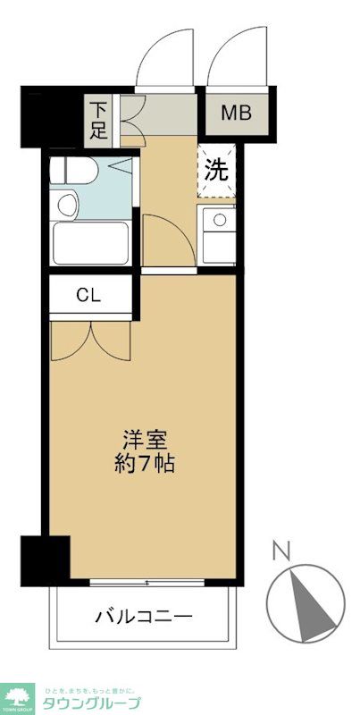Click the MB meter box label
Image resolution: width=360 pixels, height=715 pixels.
(x=236, y=114)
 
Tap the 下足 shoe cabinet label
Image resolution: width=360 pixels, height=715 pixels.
(x=98, y=121)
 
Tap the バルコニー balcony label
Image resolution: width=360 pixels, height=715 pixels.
(x=145, y=616)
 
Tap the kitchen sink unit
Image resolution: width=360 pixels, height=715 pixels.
(x=217, y=234)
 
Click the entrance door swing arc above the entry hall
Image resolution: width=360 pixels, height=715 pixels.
(x=165, y=54)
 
